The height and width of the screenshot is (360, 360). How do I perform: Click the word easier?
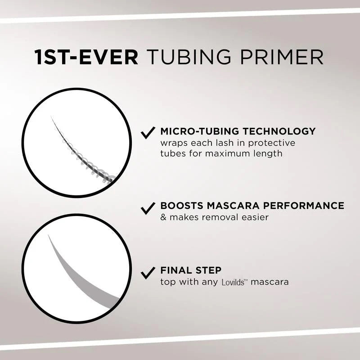(255, 217)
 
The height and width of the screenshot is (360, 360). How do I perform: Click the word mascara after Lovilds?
(270, 283)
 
